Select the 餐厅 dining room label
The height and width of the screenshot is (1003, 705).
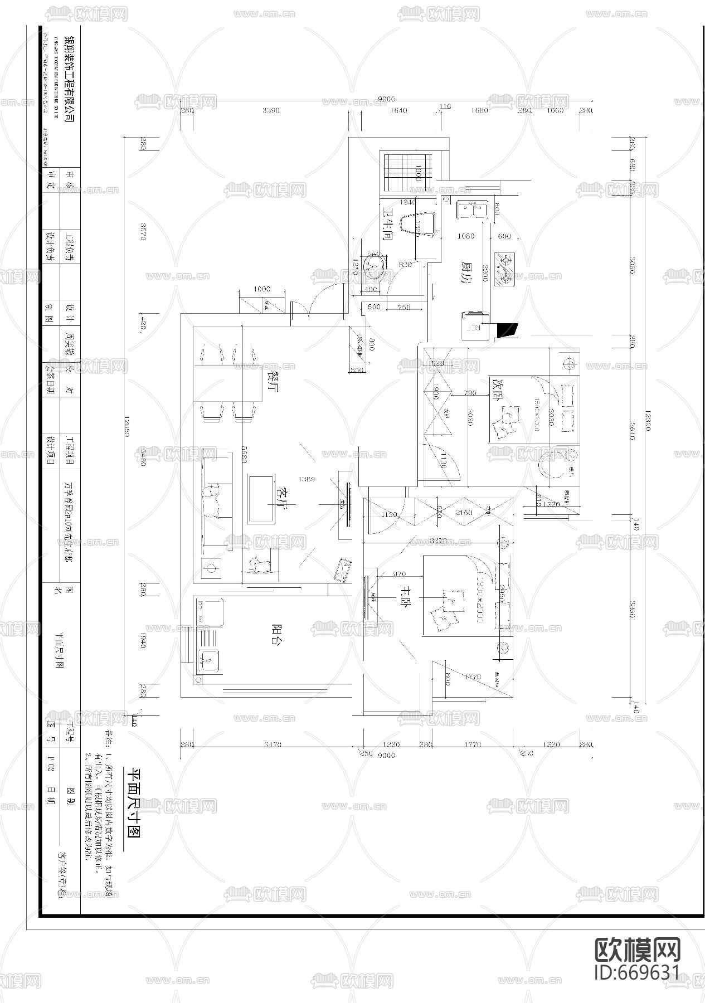point(273,382)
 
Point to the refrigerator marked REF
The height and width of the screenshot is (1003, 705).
point(474,325)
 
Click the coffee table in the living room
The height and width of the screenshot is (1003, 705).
point(260,498)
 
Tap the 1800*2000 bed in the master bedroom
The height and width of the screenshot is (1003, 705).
point(457,595)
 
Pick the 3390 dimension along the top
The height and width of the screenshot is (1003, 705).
point(271,110)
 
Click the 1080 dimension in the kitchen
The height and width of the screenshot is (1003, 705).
point(465,236)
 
